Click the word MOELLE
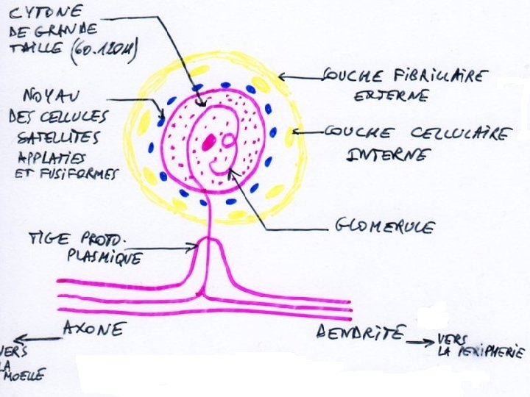click(25, 375)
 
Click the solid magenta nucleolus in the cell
click(211, 140)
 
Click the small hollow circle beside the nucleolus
click(227, 138)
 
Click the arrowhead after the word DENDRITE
click(430, 343)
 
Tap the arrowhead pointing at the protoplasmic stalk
click(193, 248)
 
